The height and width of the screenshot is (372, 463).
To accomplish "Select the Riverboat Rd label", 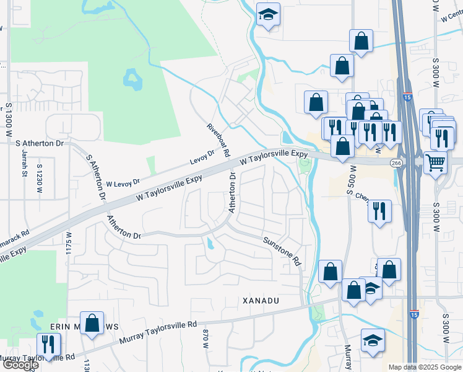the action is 219,140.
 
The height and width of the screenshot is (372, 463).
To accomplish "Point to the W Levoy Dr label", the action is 124,184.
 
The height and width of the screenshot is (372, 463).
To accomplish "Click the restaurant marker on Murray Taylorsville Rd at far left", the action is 47,345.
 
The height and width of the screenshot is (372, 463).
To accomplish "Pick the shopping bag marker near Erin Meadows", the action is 92,324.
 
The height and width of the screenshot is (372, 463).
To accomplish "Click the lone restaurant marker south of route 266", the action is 379,211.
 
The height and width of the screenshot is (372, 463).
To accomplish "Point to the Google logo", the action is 20,365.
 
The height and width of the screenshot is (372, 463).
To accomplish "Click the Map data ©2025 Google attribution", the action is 424,367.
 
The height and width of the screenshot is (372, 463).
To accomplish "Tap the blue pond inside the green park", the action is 132,79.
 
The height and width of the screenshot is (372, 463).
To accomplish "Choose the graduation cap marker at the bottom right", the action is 373,341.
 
